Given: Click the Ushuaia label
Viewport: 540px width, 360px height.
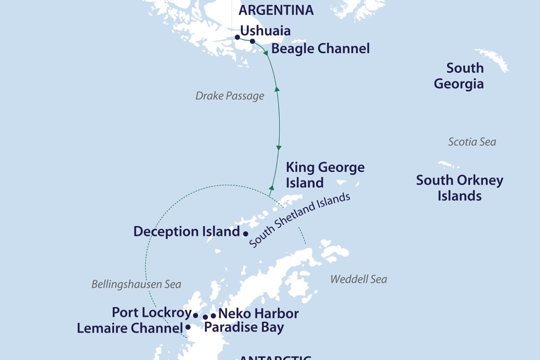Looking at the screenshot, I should click(x=265, y=31).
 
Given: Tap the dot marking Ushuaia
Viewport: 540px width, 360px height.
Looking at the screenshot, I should click(x=237, y=37).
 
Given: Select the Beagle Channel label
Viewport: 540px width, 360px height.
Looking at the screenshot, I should click(x=320, y=49).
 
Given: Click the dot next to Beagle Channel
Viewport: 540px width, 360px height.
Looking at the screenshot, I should click(x=252, y=41).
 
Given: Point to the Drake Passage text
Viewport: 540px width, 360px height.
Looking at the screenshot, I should click(x=230, y=96).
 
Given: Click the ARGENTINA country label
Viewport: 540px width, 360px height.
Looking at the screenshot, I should click(x=276, y=10).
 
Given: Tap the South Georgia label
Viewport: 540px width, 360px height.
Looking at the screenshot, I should click(x=459, y=76).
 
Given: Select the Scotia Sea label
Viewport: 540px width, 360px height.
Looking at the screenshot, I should click(x=472, y=142).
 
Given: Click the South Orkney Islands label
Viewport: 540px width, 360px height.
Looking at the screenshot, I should click(x=459, y=188).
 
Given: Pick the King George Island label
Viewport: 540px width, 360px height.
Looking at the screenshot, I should click(x=325, y=175).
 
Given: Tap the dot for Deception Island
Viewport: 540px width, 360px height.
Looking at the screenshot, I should click(x=246, y=234).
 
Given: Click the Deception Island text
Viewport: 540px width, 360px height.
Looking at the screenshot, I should click(x=186, y=232).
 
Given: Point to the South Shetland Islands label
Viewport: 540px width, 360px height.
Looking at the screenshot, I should click(x=299, y=220).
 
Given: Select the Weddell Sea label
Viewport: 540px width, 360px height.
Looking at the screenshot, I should click(x=358, y=279).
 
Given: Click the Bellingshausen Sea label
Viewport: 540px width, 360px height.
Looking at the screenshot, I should click(x=136, y=284).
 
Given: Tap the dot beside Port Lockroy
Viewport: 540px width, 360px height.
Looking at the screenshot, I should click(x=196, y=315).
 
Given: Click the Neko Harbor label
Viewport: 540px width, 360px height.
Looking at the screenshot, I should click(x=258, y=314).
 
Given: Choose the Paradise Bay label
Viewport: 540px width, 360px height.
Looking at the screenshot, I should click(x=244, y=327).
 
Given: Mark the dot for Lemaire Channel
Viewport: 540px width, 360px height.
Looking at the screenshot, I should click(x=188, y=327).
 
